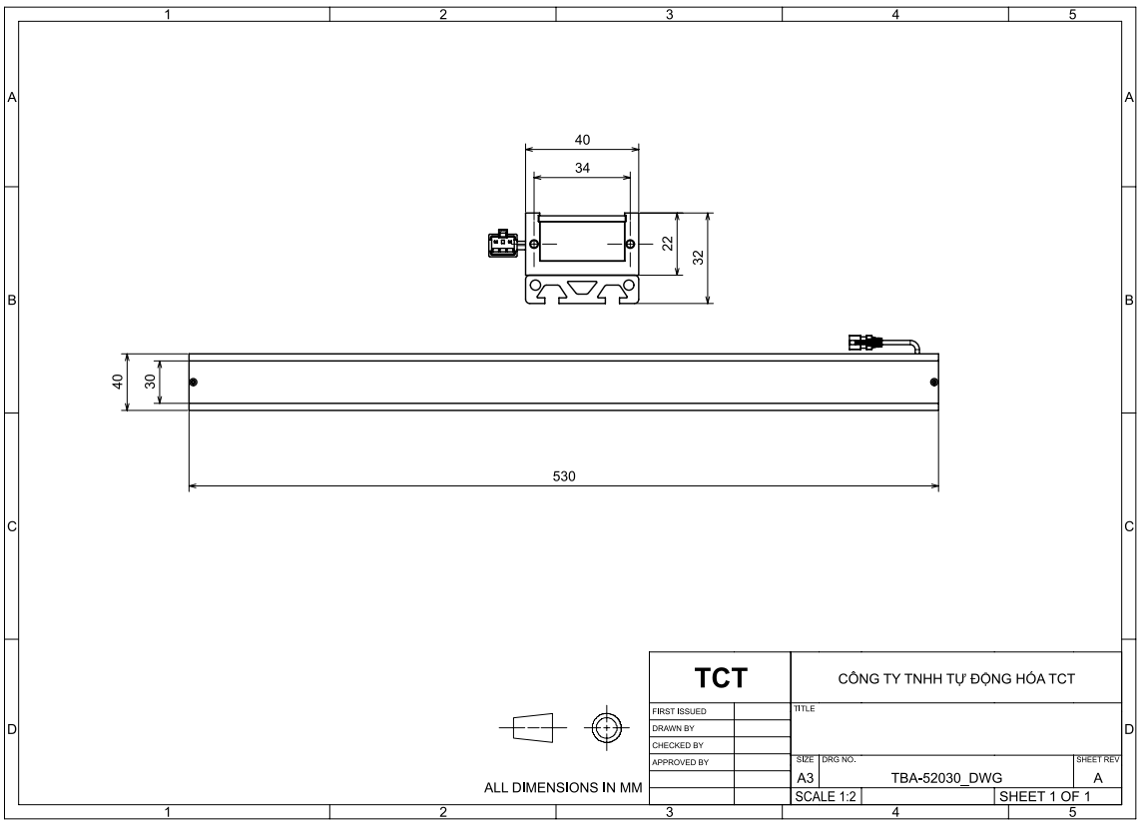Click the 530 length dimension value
point(563,476)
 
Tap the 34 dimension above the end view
point(582,168)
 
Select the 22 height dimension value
point(668,244)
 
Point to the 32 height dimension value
point(699,258)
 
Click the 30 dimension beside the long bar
point(150,381)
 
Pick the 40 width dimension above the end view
point(582,139)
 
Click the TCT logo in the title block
point(720,677)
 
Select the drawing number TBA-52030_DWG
point(946,778)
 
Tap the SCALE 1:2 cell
point(826,797)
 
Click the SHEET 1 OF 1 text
point(1044,797)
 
